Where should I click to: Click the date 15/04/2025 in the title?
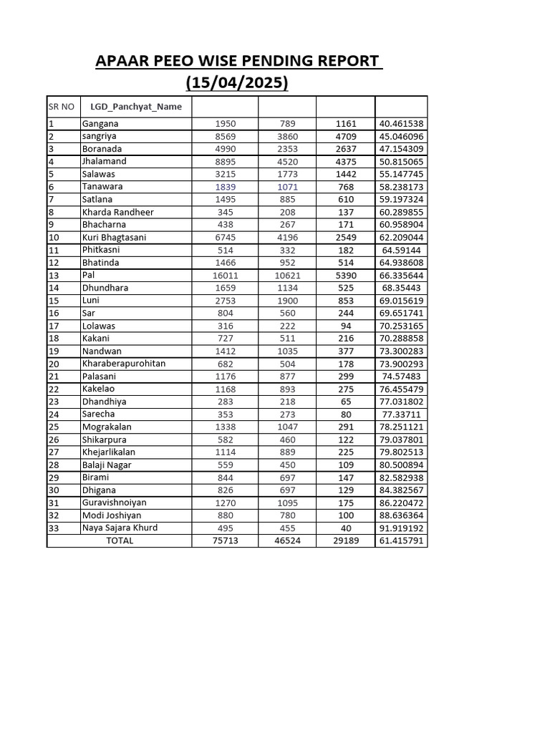[237, 83]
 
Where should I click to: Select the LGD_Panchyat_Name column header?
[136, 107]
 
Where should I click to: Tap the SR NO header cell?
[62, 107]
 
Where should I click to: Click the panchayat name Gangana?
[100, 123]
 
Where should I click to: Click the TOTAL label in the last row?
[120, 541]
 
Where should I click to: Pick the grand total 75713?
[225, 541]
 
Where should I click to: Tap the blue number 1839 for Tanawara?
[225, 187]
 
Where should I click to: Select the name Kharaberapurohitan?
[124, 364]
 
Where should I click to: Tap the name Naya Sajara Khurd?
[120, 528]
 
